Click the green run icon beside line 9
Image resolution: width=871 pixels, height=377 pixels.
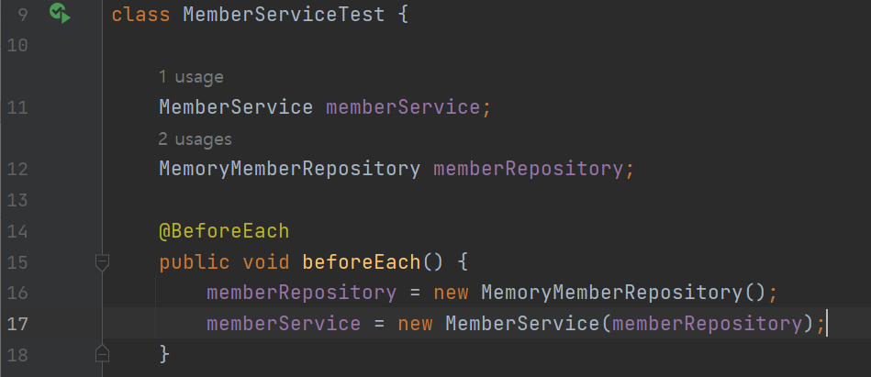[59, 14]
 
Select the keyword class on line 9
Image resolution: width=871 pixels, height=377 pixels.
[141, 16]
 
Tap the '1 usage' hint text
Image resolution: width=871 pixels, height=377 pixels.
[191, 77]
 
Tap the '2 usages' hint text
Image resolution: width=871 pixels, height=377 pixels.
[195, 139]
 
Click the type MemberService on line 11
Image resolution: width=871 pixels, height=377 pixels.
[236, 107]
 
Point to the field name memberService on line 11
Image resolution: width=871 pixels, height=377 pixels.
[402, 107]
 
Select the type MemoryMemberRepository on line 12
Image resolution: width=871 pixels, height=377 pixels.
[289, 170]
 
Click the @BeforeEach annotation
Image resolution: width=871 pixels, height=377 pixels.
[225, 231]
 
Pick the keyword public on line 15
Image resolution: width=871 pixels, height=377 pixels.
[195, 262]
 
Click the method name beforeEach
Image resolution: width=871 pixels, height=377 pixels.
[361, 262]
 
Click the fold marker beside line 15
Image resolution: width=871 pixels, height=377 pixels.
[103, 263]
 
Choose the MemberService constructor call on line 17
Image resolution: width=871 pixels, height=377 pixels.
[523, 324]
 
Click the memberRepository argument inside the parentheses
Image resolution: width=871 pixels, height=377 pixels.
[706, 324]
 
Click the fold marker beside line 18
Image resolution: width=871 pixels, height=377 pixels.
[103, 353]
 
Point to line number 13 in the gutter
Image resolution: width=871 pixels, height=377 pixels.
[18, 200]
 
